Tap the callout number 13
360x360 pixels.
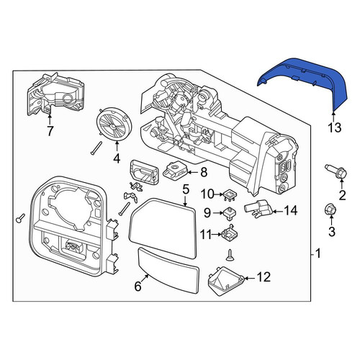coord(335,127)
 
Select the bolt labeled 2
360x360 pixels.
coord(336,171)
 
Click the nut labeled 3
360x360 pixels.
coord(331,210)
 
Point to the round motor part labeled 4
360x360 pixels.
coord(114,124)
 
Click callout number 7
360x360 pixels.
coord(50,131)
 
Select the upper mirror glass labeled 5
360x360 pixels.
coord(163,228)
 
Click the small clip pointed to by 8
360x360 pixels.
coord(175,170)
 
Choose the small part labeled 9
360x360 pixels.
coord(230,213)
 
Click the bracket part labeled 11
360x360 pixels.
coord(230,233)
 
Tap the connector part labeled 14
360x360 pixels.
coord(258,208)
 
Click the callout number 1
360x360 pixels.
coord(318,253)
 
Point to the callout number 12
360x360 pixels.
coord(264,277)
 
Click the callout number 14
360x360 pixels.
coord(291,210)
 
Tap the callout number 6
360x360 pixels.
coord(138,286)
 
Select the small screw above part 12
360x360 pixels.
coord(230,255)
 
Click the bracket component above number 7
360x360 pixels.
coord(56,94)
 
